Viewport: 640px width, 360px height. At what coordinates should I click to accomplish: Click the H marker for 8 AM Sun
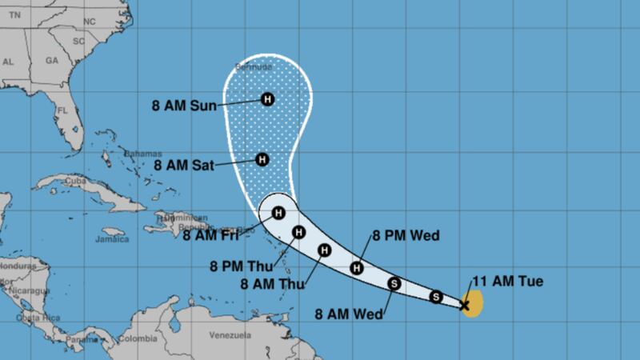tap(267, 100)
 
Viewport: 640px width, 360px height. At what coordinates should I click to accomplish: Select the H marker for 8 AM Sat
tap(261, 159)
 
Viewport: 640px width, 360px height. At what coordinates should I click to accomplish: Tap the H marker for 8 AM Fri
tap(278, 213)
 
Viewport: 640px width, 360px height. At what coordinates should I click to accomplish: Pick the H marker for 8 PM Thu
tap(298, 234)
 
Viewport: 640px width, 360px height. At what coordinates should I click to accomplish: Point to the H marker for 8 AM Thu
tap(324, 250)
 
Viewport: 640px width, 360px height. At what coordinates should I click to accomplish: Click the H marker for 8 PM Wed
tap(358, 268)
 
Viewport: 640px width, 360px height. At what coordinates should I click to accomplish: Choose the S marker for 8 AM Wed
tap(394, 282)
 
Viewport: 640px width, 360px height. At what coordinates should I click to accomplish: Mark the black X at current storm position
tap(465, 304)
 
